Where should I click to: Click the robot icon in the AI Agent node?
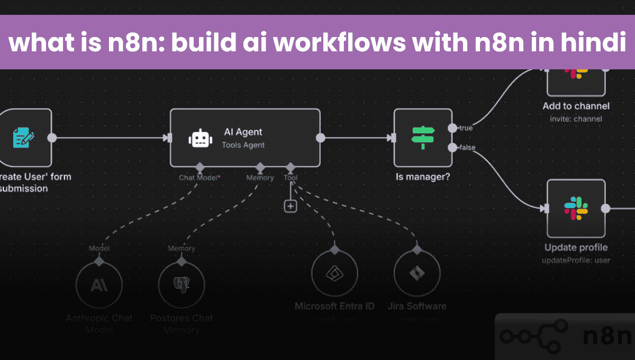pyautogui.click(x=199, y=139)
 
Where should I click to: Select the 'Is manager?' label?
pyautogui.click(x=423, y=177)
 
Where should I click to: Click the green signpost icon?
pyautogui.click(x=423, y=138)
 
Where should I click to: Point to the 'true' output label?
pyautogui.click(x=466, y=128)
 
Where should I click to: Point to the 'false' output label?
pyautogui.click(x=467, y=147)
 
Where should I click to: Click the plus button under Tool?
pyautogui.click(x=291, y=206)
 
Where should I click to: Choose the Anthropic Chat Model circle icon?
pyautogui.click(x=99, y=285)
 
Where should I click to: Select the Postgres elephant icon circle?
pyautogui.click(x=182, y=285)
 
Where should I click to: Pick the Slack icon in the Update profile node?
pyautogui.click(x=576, y=208)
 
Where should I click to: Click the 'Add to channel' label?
pyautogui.click(x=576, y=106)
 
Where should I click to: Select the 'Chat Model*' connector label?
pyautogui.click(x=199, y=178)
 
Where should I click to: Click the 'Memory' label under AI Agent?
pyautogui.click(x=260, y=178)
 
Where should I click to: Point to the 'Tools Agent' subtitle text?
pyautogui.click(x=243, y=145)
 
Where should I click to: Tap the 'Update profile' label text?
pyautogui.click(x=576, y=248)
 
